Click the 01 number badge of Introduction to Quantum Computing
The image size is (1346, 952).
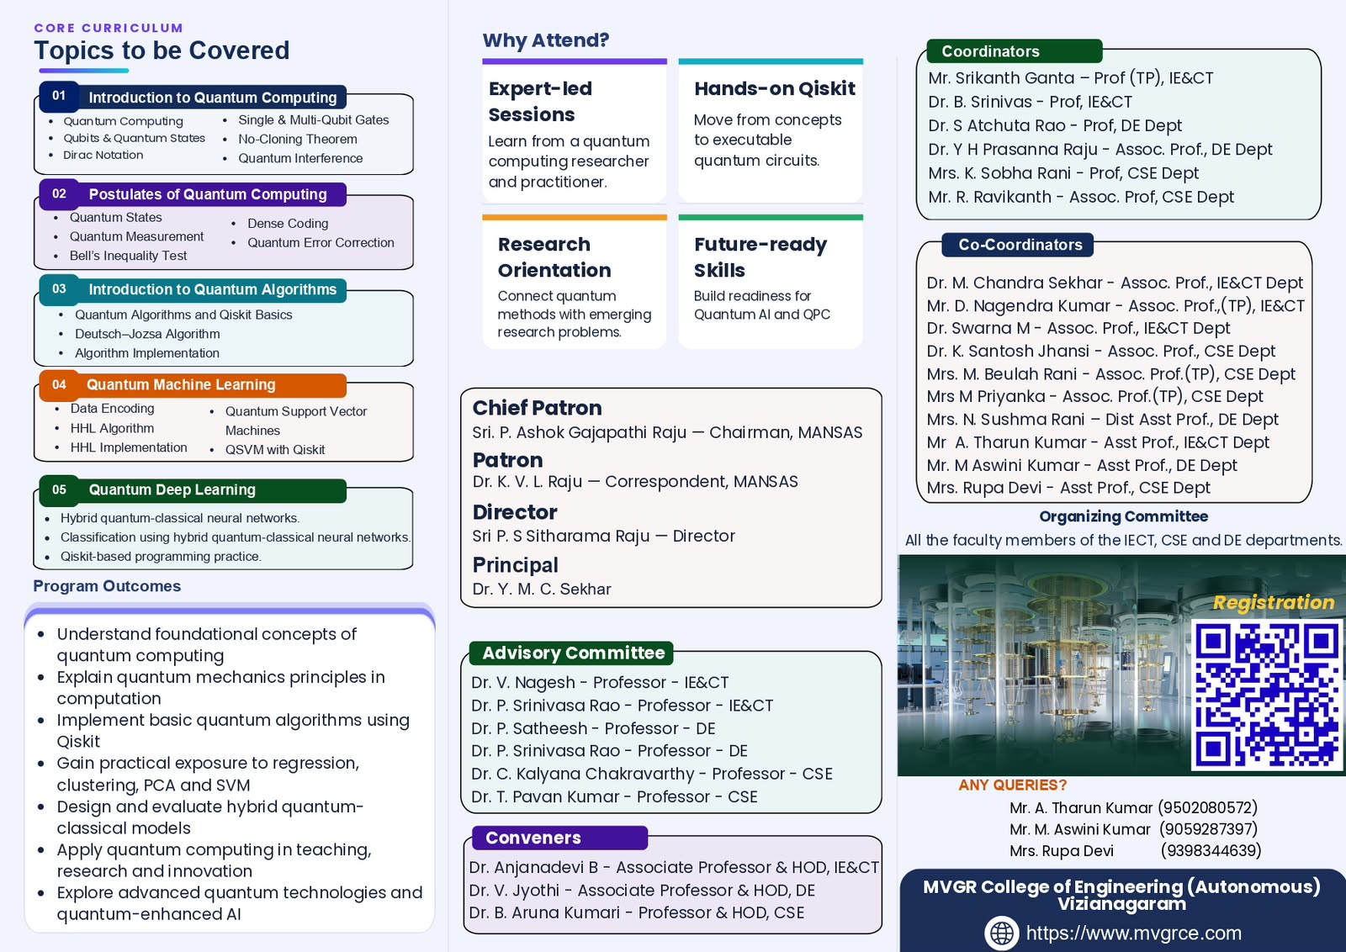click(59, 96)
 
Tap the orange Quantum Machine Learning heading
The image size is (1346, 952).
click(181, 384)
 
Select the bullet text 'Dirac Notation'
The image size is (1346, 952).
click(103, 155)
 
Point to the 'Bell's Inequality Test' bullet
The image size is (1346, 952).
click(128, 256)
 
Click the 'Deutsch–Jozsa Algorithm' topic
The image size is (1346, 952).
click(147, 334)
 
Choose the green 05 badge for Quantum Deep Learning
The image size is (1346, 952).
click(59, 489)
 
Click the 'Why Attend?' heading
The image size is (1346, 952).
click(546, 40)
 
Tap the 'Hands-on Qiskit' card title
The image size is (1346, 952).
click(775, 89)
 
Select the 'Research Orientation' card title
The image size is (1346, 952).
click(554, 257)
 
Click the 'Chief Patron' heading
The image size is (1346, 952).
click(537, 408)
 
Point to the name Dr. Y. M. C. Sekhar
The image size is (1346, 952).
click(542, 590)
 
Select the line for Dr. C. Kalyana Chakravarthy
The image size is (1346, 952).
click(652, 775)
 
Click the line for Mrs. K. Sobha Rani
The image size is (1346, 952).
click(1063, 173)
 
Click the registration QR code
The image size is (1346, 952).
click(1267, 695)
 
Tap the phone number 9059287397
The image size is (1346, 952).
click(1208, 829)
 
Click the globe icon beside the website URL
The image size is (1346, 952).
click(1002, 933)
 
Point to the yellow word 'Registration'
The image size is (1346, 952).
click(1274, 602)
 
